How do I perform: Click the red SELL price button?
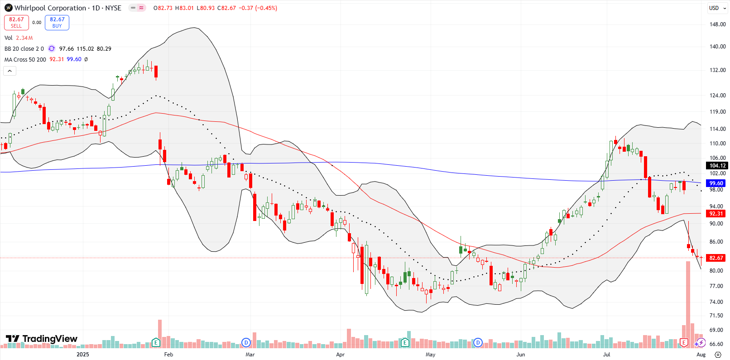[x=16, y=22]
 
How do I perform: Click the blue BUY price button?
[x=57, y=22]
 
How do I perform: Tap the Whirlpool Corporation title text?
[x=50, y=8]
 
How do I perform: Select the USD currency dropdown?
[x=716, y=8]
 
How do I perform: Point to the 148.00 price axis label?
[x=717, y=24]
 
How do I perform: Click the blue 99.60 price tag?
[x=716, y=183]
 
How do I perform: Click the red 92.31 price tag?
[x=716, y=214]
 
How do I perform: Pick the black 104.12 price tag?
[x=717, y=166]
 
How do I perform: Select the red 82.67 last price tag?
[x=716, y=258]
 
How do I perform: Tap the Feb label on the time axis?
[x=168, y=355]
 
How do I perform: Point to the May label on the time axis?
[x=430, y=355]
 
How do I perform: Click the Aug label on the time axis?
[x=701, y=355]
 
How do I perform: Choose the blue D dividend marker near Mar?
[x=246, y=343]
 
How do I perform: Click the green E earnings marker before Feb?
[x=156, y=343]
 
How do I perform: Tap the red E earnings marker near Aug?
[x=684, y=343]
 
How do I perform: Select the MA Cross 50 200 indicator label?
[x=25, y=59]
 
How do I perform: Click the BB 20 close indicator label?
[x=24, y=48]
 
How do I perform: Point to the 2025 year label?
[x=83, y=355]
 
